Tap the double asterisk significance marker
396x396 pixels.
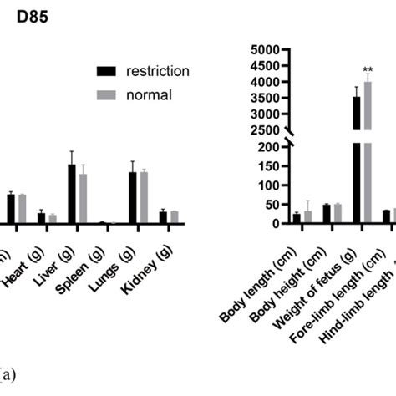click(x=368, y=70)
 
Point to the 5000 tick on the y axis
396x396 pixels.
click(x=270, y=50)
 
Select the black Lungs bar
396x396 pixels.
click(x=132, y=198)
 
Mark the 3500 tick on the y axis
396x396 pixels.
click(x=270, y=98)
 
